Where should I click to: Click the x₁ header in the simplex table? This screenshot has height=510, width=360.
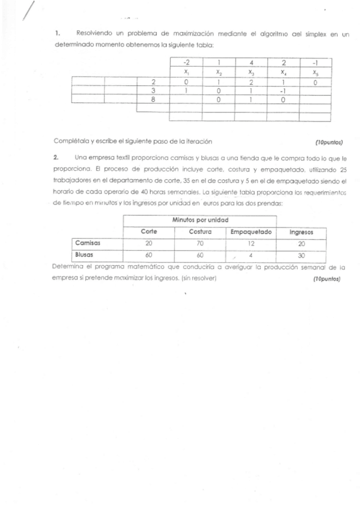tap(187, 72)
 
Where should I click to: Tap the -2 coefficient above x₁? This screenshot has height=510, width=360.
tap(187, 62)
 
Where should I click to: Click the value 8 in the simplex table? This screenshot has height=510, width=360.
tap(153, 100)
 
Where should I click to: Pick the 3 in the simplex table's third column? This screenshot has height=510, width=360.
tap(153, 91)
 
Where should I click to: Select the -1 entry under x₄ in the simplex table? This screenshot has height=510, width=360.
tap(282, 91)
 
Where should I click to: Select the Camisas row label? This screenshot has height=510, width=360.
tap(87, 243)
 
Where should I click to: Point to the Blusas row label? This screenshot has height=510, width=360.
tap(85, 254)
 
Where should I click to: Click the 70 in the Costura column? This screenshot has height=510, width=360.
tap(200, 243)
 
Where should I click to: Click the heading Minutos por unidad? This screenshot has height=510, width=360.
tap(201, 220)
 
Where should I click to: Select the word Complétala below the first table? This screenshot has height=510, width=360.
tap(71, 141)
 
